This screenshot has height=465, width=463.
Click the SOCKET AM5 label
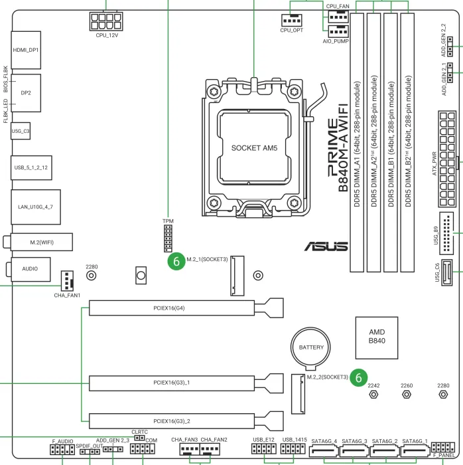click(x=255, y=147)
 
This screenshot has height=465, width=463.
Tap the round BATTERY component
click(x=311, y=347)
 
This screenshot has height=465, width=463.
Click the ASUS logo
click(x=326, y=246)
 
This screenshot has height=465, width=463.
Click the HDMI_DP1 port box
click(x=26, y=50)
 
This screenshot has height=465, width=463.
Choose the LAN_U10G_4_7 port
click(x=35, y=207)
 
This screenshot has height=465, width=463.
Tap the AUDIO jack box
click(x=30, y=269)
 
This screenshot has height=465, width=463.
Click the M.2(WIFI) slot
click(x=41, y=242)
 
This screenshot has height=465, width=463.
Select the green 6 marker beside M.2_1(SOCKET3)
click(x=176, y=261)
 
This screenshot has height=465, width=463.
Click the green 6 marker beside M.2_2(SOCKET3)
click(x=359, y=377)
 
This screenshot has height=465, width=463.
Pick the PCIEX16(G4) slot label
click(x=171, y=308)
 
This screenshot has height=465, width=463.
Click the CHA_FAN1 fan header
click(x=67, y=281)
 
